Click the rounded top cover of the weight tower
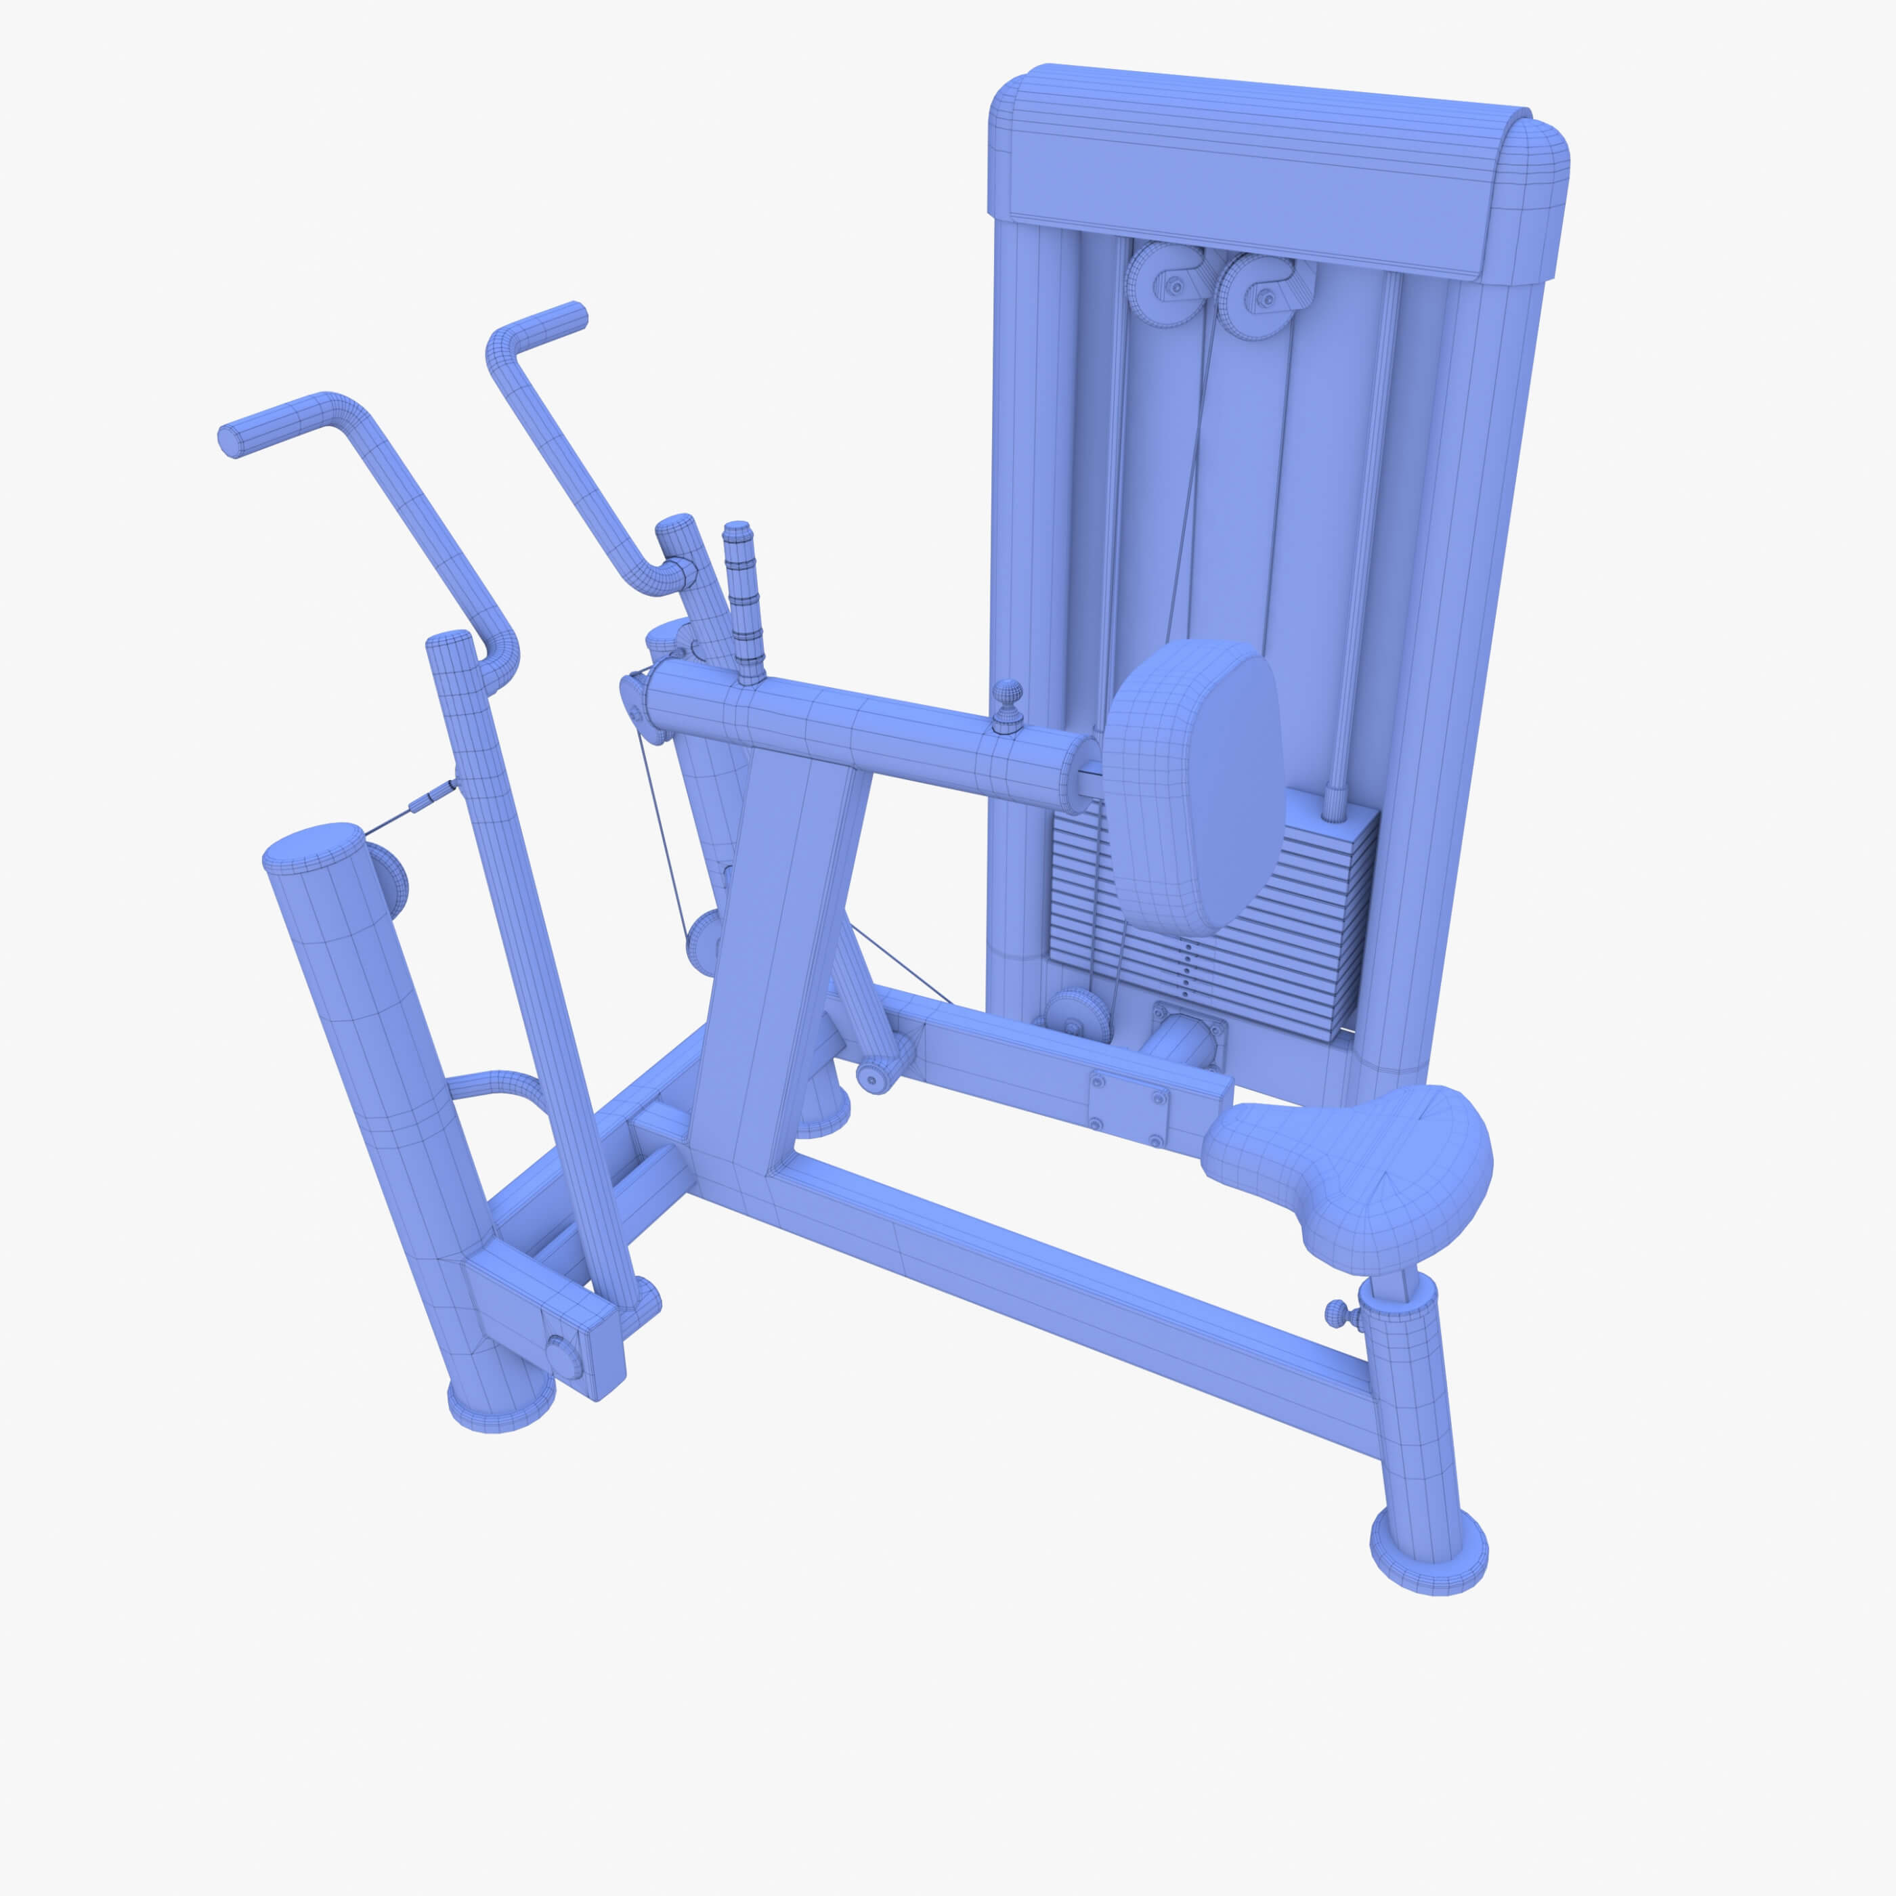(x=1266, y=172)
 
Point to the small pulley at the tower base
(x=1079, y=1016)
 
